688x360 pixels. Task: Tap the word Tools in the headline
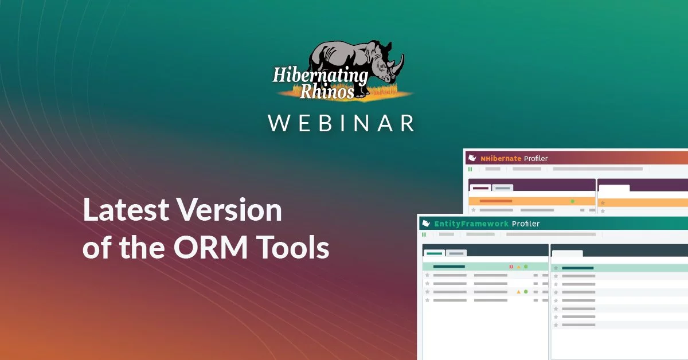pyautogui.click(x=292, y=248)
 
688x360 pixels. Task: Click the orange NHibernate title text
pyautogui.click(x=501, y=158)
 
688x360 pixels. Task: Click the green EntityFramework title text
pyautogui.click(x=471, y=224)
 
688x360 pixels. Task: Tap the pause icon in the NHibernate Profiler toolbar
pyautogui.click(x=470, y=169)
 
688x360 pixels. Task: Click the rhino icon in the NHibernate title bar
pyautogui.click(x=472, y=158)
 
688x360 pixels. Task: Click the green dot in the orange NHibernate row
pyautogui.click(x=572, y=201)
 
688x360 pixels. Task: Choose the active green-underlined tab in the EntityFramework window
pyautogui.click(x=434, y=253)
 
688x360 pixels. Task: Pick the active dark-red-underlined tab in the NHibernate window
pyautogui.click(x=480, y=187)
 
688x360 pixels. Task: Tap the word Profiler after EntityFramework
pyautogui.click(x=526, y=224)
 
